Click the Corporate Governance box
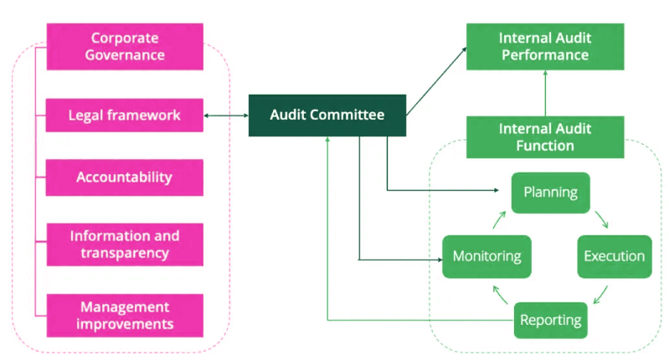[125, 47]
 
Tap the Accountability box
[125, 177]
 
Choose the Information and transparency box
[125, 244]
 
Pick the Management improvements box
[125, 316]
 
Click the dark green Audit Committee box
[327, 116]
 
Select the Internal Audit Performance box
[544, 47]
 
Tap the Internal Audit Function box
[544, 137]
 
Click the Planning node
[550, 193]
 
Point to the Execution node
[615, 256]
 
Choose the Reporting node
[550, 319]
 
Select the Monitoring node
[486, 256]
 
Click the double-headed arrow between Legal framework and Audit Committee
[226, 116]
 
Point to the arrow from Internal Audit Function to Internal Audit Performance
[545, 94]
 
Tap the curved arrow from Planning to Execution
[602, 219]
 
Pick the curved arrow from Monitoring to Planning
[499, 219]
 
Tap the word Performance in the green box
[544, 55]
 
